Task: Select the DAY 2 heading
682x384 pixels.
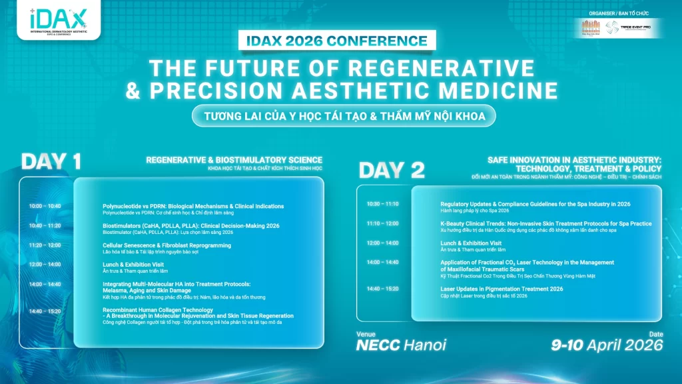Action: [x=391, y=170]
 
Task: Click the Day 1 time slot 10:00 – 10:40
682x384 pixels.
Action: [x=45, y=206]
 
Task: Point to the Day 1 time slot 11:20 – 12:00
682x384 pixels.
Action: [x=45, y=245]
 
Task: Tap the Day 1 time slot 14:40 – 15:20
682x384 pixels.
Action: [x=45, y=311]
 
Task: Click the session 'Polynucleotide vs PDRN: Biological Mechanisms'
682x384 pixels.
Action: [x=193, y=206]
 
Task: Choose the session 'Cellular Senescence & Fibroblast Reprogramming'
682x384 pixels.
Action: [x=167, y=245]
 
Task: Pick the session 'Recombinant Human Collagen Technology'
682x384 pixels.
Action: [x=158, y=310]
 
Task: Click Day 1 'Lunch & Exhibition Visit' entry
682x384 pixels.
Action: [x=133, y=265]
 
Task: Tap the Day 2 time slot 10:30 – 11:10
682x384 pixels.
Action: [x=382, y=203]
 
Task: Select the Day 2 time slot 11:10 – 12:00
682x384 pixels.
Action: [x=382, y=223]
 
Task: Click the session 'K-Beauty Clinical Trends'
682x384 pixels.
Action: [x=546, y=223]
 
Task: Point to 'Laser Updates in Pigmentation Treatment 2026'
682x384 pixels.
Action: [x=502, y=289]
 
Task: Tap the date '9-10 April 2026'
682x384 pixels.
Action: [x=607, y=345]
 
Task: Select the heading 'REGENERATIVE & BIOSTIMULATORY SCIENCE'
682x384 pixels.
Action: [x=234, y=160]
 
